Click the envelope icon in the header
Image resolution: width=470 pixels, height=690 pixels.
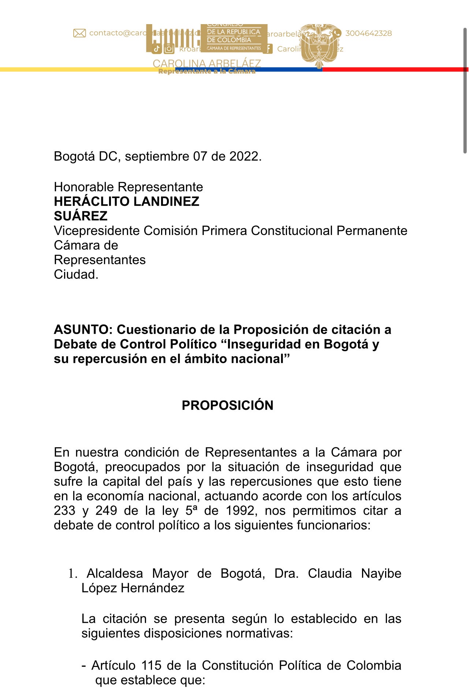(79, 33)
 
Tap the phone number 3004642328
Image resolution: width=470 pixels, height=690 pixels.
(368, 33)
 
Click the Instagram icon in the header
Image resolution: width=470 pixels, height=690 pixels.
(169, 49)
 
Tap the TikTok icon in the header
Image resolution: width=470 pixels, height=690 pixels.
(157, 49)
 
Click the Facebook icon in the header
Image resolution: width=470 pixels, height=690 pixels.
(268, 49)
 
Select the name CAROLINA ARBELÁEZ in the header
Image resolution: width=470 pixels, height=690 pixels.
(206, 64)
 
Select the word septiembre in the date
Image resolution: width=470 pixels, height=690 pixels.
(157, 156)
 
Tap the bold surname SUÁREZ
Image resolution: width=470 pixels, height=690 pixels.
(81, 216)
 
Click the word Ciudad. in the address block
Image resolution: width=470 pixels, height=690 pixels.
(76, 274)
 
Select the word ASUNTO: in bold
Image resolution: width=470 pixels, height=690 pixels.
(83, 330)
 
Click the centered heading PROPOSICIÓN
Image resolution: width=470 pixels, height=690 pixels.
(227, 405)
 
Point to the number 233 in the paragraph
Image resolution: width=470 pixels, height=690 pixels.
(64, 511)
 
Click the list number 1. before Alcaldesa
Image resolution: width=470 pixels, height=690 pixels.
(73, 574)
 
